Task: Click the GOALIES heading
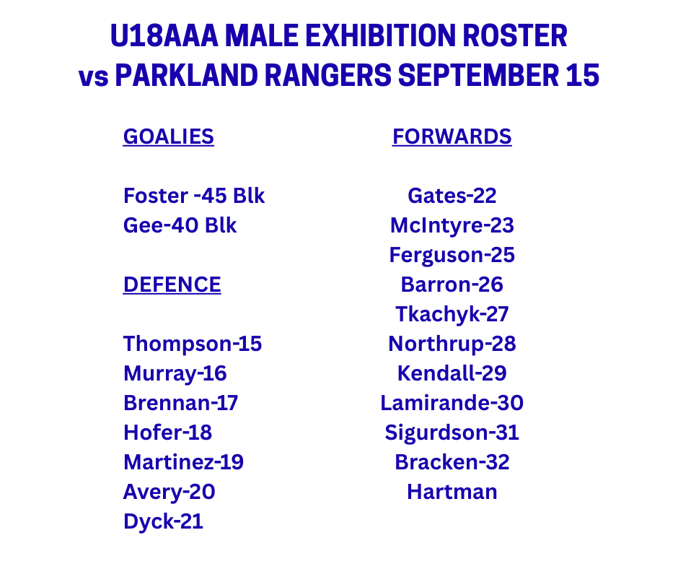pyautogui.click(x=168, y=137)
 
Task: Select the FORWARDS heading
pyautogui.click(x=452, y=137)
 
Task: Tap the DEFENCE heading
pyautogui.click(x=172, y=285)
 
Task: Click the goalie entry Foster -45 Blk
pyautogui.click(x=194, y=196)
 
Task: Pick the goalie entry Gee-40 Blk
pyautogui.click(x=180, y=225)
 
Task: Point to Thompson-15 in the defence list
pyautogui.click(x=193, y=344)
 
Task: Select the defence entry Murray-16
pyautogui.click(x=175, y=374)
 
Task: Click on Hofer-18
pyautogui.click(x=168, y=433)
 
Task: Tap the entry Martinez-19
pyautogui.click(x=183, y=462)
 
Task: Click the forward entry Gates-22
pyautogui.click(x=452, y=196)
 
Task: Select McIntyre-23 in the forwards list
pyautogui.click(x=452, y=225)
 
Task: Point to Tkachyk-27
pyautogui.click(x=452, y=314)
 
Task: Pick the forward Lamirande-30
pyautogui.click(x=452, y=403)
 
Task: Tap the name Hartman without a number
pyautogui.click(x=452, y=492)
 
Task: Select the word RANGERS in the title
pyautogui.click(x=327, y=75)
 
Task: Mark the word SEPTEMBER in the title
pyautogui.click(x=478, y=75)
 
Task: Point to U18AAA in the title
pyautogui.click(x=164, y=35)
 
